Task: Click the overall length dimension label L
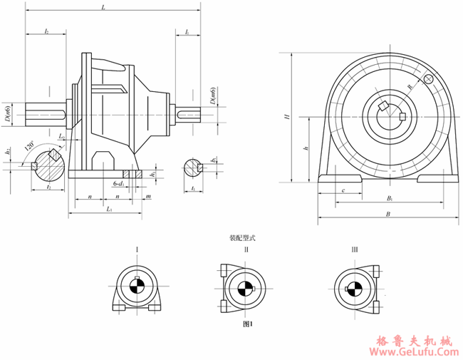(x=104, y=7)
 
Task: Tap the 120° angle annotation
(x=28, y=145)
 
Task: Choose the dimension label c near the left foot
(x=343, y=190)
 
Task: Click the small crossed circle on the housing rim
(x=428, y=79)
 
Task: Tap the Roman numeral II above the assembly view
(x=246, y=250)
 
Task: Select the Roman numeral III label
(x=354, y=250)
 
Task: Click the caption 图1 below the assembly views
(x=248, y=324)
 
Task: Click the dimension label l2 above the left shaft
(x=46, y=32)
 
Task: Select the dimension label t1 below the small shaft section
(x=194, y=188)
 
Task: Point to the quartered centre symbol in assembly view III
(x=354, y=289)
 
